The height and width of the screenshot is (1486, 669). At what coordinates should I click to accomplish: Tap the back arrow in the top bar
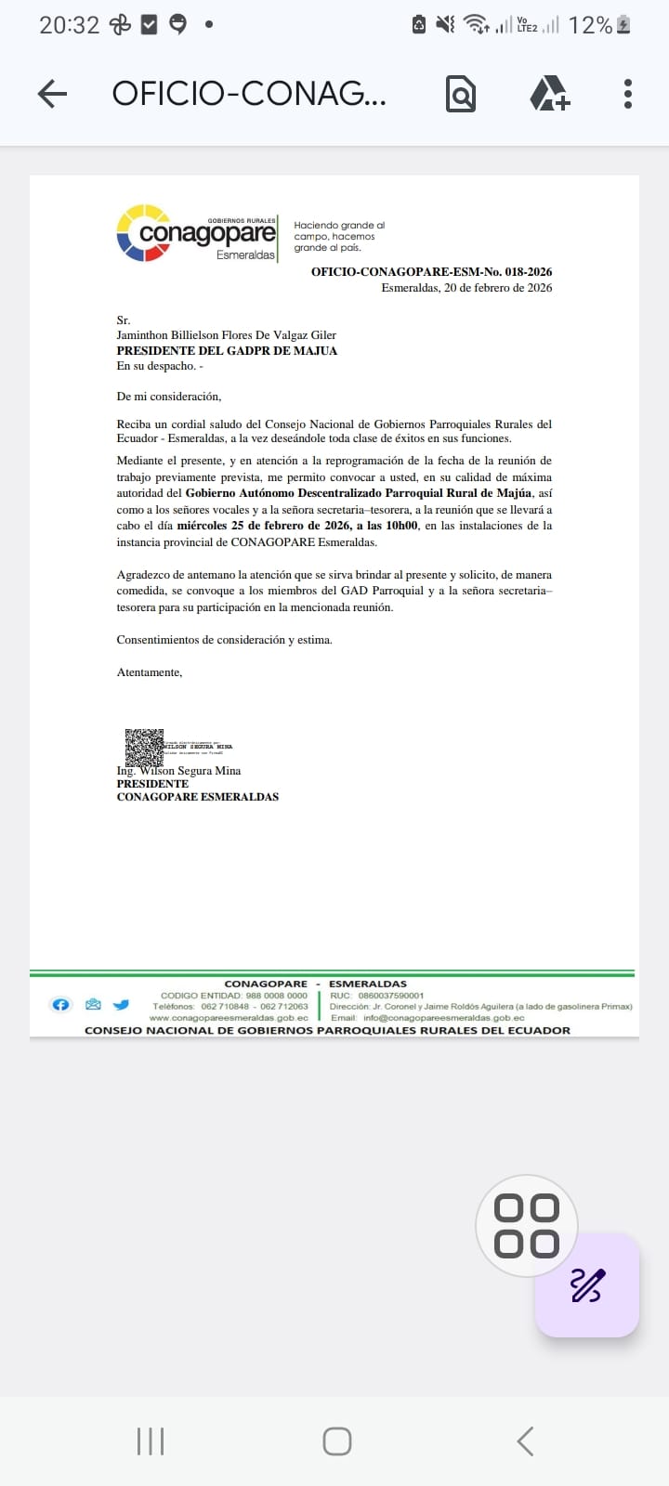53,93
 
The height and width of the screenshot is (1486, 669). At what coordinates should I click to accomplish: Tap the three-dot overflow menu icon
628,93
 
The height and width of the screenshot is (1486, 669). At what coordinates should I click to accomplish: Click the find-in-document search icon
460,93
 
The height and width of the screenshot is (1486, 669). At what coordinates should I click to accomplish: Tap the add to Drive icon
549,93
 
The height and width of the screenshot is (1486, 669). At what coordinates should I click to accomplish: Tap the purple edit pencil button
586,1284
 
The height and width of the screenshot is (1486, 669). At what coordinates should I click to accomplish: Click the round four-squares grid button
526,1226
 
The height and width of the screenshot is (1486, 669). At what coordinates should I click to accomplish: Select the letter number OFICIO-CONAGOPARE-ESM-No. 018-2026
431,272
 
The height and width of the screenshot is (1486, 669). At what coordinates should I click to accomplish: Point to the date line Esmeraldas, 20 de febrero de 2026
466,288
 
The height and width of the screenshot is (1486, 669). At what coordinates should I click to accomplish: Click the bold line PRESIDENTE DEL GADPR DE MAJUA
227,351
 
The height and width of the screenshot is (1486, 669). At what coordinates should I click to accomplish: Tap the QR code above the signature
144,748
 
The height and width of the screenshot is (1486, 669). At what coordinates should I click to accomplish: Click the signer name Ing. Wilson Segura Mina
178,771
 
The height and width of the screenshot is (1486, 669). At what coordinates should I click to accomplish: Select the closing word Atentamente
150,672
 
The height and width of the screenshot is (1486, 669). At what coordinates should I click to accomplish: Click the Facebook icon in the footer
60,1005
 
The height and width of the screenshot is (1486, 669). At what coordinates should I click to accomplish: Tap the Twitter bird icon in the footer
121,1005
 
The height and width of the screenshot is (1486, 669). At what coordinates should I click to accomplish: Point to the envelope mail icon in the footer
92,1005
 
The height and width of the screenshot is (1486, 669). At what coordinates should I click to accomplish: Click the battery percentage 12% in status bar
590,25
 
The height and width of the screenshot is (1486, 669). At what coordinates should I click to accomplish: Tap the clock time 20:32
69,25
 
